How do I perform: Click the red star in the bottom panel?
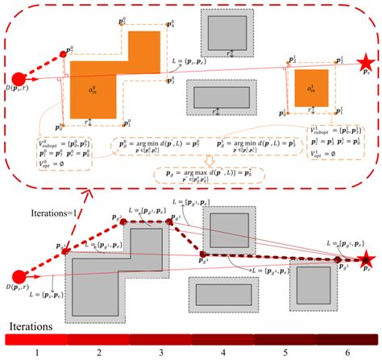point(367,259)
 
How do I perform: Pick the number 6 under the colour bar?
point(348,352)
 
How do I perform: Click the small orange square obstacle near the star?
point(306,89)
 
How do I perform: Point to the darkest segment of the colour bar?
point(347,339)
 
